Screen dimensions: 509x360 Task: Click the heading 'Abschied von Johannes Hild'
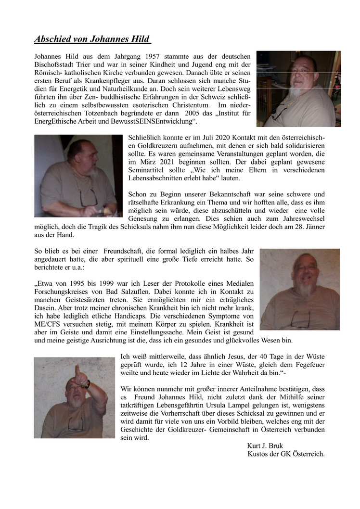pos(92,39)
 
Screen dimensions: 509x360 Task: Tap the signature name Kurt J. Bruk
pos(265,446)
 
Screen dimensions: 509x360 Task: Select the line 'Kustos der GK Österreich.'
pos(286,454)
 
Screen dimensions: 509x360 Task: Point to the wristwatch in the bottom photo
pos(88,383)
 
